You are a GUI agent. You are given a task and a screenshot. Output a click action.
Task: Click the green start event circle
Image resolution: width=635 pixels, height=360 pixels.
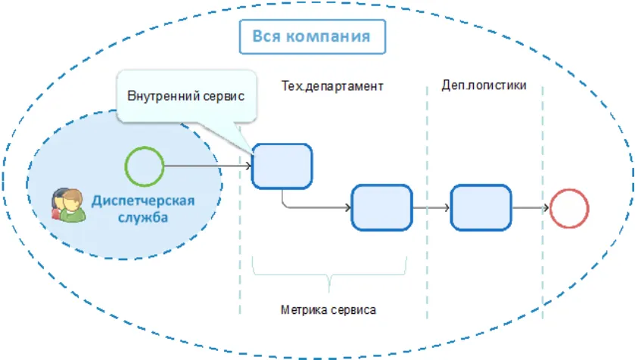[145, 166]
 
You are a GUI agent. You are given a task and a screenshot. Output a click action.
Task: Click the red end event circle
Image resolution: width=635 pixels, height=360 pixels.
[568, 207]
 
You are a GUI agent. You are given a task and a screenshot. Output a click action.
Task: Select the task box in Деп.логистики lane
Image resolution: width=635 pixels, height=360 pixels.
[481, 207]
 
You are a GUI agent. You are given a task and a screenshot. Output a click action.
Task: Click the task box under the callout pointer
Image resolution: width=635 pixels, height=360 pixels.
[282, 166]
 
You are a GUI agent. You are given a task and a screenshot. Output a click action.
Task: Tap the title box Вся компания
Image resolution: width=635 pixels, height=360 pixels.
[311, 36]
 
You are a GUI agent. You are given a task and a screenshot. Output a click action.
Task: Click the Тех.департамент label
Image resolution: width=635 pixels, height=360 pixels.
[332, 86]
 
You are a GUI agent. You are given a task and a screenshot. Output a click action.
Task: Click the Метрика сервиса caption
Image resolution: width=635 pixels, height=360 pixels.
[328, 310]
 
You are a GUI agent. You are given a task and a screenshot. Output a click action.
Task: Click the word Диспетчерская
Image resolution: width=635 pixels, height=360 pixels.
[143, 200]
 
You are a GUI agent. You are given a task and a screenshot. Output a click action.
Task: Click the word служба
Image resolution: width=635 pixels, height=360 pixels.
[143, 218]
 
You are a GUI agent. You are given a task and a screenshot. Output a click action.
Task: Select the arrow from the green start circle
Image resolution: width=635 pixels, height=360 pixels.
[207, 166]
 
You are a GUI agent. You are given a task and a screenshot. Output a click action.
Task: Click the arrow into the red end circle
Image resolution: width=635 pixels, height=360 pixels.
[530, 207]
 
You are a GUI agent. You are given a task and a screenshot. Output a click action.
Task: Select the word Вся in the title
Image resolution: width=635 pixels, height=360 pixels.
[266, 36]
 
